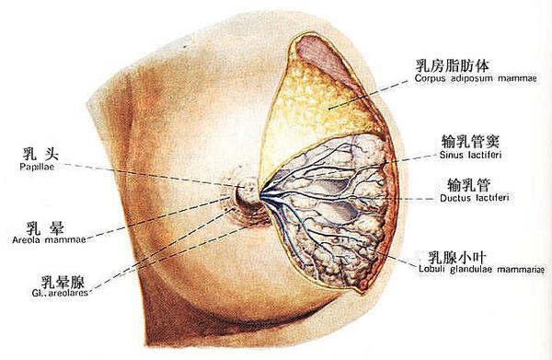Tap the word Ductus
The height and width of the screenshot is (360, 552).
pyautogui.click(x=451, y=197)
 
